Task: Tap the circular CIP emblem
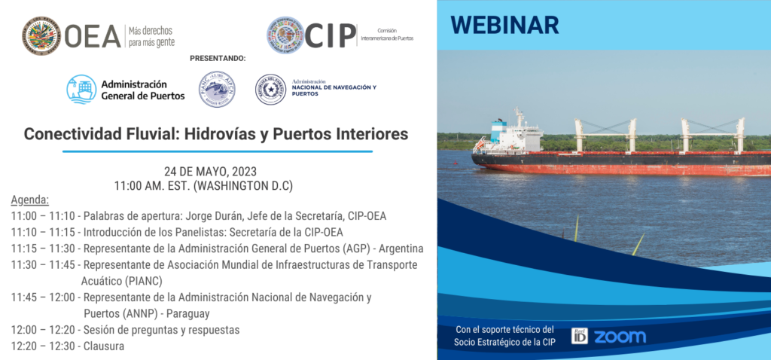pos(285,35)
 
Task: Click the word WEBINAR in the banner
pos(504,25)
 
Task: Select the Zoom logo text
pos(620,337)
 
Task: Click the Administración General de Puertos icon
pos(80,90)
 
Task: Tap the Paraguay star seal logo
pos(270,90)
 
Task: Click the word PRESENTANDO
pos(218,58)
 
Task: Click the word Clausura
pos(104,346)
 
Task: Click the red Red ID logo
pos(579,336)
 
